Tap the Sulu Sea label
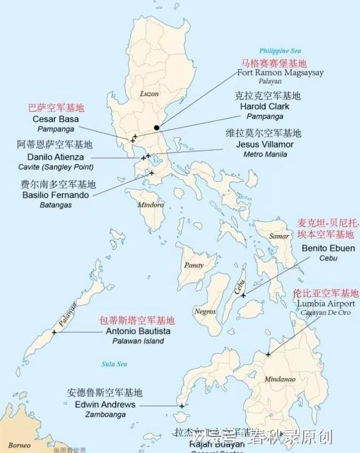pos(114,364)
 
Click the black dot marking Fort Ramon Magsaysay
pos(157,128)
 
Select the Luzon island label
pos(149,93)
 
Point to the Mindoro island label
pos(151,205)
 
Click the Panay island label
pos(194,265)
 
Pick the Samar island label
pos(279,236)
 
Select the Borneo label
pos(19,445)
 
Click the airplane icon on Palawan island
pos(54,332)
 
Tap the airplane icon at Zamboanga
pos(182,406)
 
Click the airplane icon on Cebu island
pos(243,295)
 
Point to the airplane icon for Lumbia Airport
pos(268,355)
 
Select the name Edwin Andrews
pos(106,404)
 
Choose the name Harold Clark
pos(265,106)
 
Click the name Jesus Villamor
pos(265,145)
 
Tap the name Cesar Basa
pos(56,119)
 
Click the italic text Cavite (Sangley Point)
pos(56,167)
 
